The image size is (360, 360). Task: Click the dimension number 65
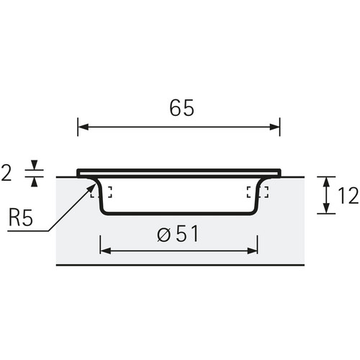(x=181, y=108)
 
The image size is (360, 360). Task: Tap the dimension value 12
(x=348, y=196)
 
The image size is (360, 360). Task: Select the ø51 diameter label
(x=178, y=233)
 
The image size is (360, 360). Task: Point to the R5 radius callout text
(x=20, y=218)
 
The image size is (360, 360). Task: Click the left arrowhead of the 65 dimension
(x=84, y=127)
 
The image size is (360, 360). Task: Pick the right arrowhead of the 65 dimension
(x=274, y=127)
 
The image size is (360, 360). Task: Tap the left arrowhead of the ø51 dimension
(x=106, y=251)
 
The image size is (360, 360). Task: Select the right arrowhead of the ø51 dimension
(x=252, y=251)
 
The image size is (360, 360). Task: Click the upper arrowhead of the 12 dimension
(x=326, y=182)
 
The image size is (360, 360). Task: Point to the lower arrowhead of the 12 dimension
(x=326, y=208)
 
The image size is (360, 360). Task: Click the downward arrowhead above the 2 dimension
(x=35, y=165)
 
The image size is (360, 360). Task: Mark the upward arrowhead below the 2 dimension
(x=35, y=181)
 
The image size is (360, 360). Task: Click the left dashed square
(x=101, y=192)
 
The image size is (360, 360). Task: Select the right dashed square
(x=258, y=192)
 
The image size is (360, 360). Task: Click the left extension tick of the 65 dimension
(x=78, y=127)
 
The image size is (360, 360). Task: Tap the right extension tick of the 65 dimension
(x=280, y=127)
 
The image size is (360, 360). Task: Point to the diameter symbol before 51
(x=164, y=235)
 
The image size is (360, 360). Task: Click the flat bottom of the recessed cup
(x=179, y=213)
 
